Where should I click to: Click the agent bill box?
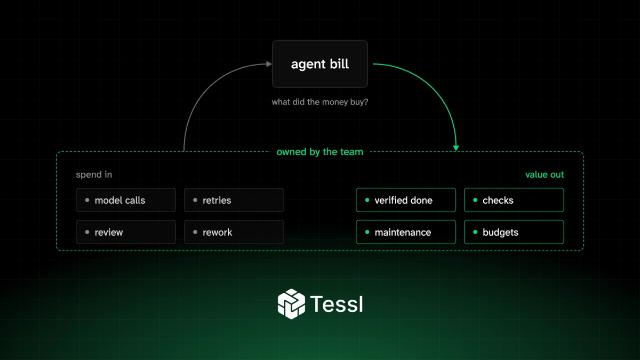click(319, 64)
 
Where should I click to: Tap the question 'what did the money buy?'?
click(319, 102)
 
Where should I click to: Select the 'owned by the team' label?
click(319, 151)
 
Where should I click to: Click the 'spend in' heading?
click(94, 174)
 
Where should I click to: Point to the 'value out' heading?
click(545, 174)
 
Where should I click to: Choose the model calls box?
click(126, 200)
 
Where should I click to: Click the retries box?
click(234, 200)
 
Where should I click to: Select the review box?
click(126, 232)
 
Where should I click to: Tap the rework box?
click(234, 232)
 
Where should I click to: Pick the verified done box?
click(406, 200)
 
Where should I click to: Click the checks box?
click(514, 200)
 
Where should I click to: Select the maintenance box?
click(406, 232)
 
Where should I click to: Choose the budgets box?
click(514, 232)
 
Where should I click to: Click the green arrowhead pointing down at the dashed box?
click(456, 148)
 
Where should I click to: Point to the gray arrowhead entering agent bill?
click(269, 64)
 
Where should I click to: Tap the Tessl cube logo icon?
click(291, 303)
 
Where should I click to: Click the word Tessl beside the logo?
click(337, 304)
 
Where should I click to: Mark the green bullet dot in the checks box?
click(475, 200)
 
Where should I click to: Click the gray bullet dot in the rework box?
click(195, 232)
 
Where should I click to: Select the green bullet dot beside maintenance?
click(367, 232)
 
